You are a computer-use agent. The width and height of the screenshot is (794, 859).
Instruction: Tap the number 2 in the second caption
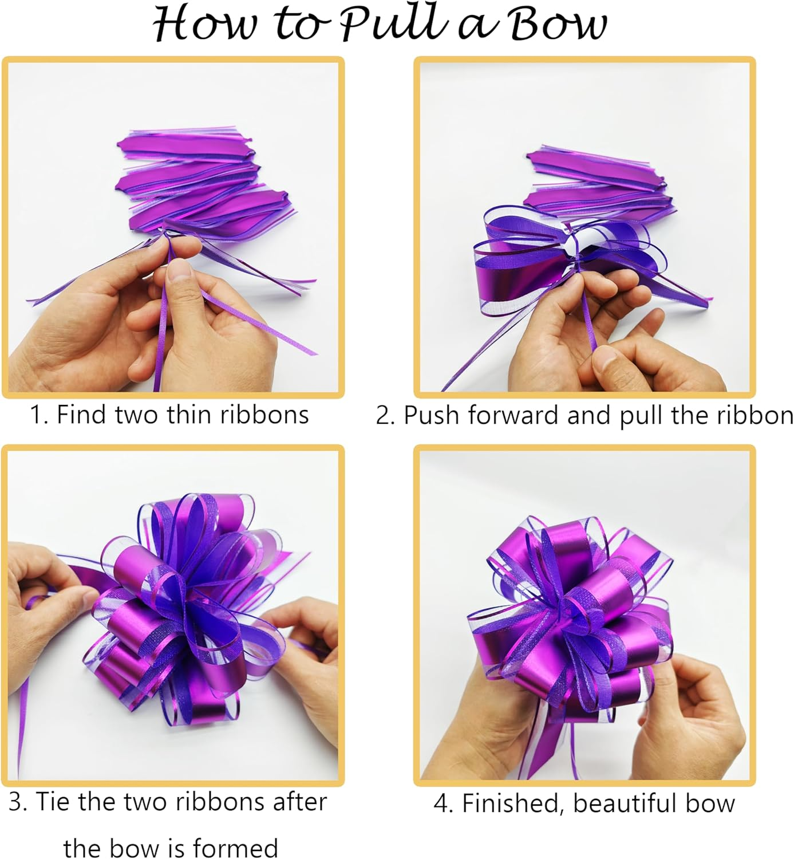point(382,415)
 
